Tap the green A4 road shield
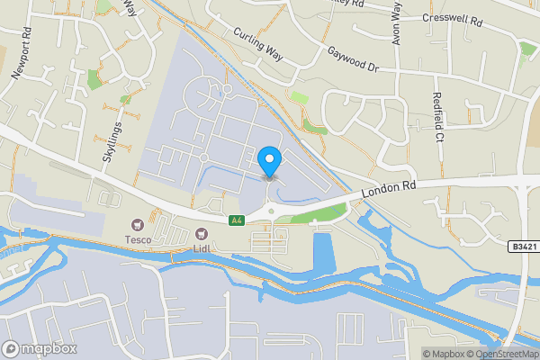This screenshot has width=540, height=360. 237,220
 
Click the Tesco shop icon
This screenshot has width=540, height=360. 138,224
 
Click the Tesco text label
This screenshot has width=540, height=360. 138,239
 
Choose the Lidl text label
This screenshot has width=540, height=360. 202,247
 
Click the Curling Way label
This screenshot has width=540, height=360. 258,45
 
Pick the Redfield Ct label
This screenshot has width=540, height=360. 438,118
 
